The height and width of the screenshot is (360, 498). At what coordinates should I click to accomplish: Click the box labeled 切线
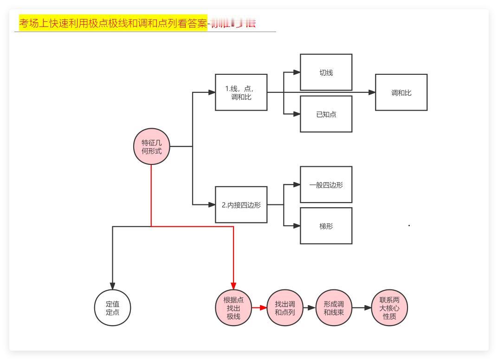tap(326, 72)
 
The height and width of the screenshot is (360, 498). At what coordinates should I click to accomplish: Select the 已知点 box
tap(326, 114)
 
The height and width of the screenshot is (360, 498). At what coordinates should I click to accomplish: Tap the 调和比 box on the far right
tap(401, 92)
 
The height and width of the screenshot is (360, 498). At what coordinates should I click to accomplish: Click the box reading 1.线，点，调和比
tap(241, 92)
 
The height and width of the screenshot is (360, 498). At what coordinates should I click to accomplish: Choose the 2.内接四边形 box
tap(241, 204)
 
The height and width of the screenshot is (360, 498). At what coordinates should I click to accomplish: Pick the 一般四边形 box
tap(326, 184)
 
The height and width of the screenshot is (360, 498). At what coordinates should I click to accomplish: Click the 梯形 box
tap(326, 226)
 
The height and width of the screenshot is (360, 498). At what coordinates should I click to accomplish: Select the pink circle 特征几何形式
tap(152, 146)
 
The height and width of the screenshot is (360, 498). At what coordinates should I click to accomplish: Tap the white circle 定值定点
tap(112, 308)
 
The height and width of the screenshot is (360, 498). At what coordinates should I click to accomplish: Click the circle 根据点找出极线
tap(233, 308)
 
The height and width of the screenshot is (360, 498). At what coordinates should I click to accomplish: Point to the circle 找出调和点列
tap(285, 308)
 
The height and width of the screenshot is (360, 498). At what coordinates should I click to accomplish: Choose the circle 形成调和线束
tap(334, 308)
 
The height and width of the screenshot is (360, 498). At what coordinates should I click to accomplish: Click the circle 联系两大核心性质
tap(389, 308)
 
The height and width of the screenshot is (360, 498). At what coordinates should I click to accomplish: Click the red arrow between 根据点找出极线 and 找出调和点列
tap(259, 308)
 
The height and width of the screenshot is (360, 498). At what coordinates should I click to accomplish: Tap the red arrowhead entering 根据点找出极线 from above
tap(233, 285)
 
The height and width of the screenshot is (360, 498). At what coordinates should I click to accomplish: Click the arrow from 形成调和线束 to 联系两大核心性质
tap(362, 308)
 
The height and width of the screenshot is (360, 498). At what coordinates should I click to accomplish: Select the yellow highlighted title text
tap(113, 23)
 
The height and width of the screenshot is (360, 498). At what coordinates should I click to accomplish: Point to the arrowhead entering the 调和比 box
tap(372, 92)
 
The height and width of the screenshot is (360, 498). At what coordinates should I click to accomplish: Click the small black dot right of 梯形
tap(409, 226)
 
